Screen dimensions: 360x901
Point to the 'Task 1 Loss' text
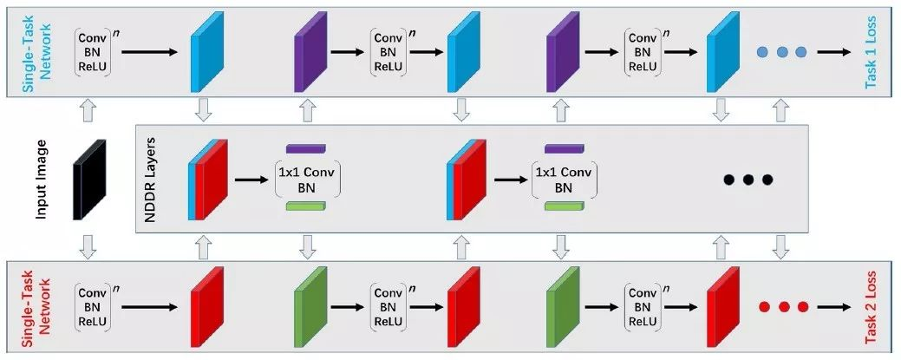click(x=871, y=52)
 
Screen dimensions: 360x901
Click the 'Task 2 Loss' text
click(x=871, y=307)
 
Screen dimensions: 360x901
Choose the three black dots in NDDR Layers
click(x=748, y=180)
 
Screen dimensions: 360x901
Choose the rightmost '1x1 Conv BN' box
click(x=564, y=179)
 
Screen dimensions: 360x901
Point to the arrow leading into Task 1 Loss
click(x=833, y=52)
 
